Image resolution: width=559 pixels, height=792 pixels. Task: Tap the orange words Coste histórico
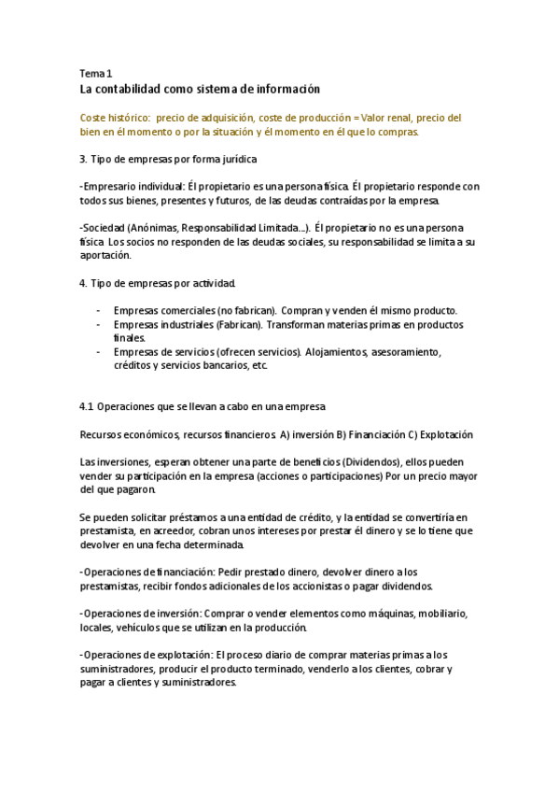tap(114, 119)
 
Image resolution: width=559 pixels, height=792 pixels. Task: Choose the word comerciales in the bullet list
tap(187, 310)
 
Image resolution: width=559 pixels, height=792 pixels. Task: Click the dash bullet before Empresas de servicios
tap(99, 352)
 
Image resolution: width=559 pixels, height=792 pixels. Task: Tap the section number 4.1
tap(88, 406)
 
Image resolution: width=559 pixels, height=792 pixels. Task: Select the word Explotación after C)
tap(447, 434)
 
